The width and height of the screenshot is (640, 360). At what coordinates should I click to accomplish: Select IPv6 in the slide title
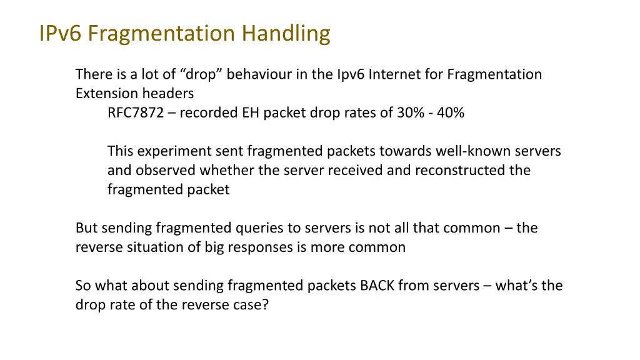61,33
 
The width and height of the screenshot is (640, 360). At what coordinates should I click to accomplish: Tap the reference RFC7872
135,113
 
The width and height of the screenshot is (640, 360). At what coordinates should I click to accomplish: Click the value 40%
451,113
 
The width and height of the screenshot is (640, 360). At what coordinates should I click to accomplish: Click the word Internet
393,75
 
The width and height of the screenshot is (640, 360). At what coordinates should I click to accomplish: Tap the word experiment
167,152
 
